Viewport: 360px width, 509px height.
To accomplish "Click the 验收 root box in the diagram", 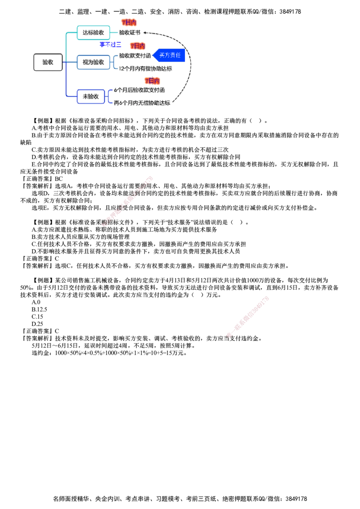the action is [x=48, y=63].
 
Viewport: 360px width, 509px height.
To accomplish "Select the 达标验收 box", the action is [x=93, y=32].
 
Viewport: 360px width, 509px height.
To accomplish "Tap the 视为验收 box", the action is [x=93, y=63].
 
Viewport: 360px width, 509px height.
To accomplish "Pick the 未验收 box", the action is [x=90, y=96].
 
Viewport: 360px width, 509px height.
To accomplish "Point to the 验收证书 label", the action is [x=130, y=32].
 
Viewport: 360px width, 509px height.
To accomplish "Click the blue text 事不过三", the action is [x=110, y=45].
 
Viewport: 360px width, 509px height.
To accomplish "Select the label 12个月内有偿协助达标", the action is [x=145, y=68].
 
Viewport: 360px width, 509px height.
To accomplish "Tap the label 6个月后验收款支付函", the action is [x=139, y=90].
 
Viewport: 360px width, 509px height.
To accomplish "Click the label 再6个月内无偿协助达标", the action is [x=142, y=103].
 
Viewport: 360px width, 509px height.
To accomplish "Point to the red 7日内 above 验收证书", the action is [x=129, y=22].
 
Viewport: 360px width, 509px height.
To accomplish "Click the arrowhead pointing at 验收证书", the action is [x=145, y=32].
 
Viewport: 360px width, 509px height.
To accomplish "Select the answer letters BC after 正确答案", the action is [x=59, y=179].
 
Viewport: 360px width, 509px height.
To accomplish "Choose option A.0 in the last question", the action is [x=36, y=302].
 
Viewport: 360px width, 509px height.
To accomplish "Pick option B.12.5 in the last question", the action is [x=39, y=309].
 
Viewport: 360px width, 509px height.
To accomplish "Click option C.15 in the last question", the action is [x=37, y=317].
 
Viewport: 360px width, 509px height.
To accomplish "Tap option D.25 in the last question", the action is [x=37, y=324].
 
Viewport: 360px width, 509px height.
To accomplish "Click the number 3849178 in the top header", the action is [x=290, y=12].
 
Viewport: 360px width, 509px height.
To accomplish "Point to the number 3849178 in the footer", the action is [x=296, y=499].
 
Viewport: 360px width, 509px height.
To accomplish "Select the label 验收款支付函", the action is [x=135, y=55].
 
